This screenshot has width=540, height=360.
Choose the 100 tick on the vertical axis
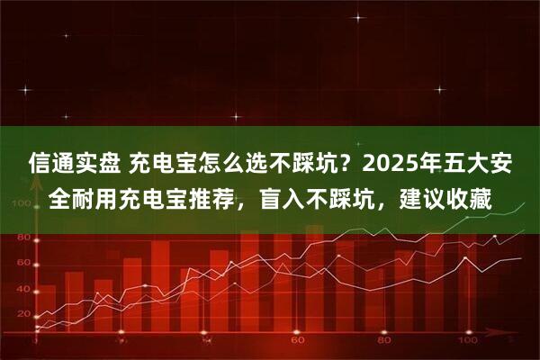point(20,203)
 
